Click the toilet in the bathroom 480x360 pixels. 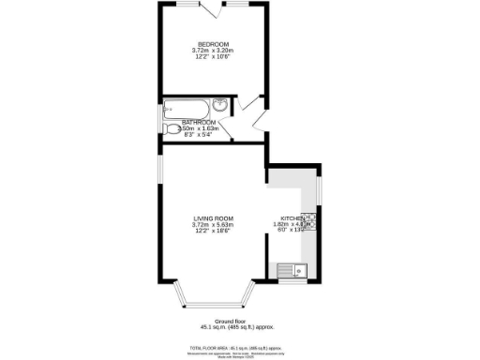172,129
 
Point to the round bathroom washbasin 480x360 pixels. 217,104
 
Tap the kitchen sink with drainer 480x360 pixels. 293,272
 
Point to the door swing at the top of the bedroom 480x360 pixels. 217,10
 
